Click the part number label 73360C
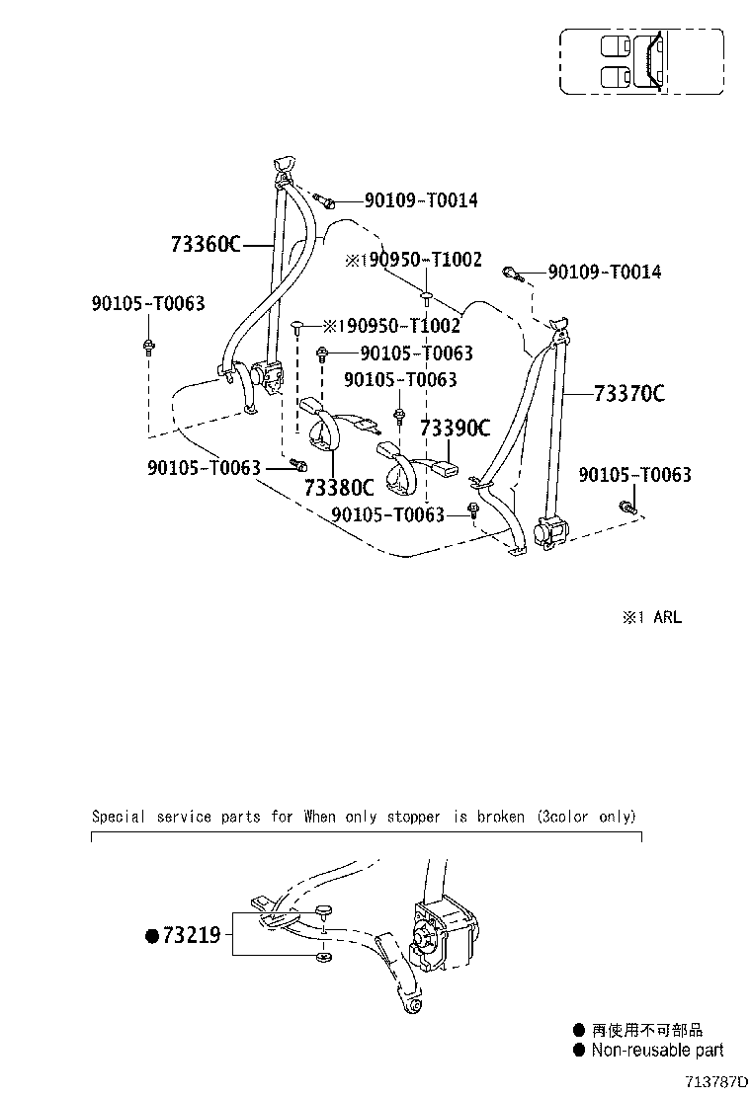point(206,245)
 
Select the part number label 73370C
point(629,394)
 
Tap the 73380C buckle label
point(339,487)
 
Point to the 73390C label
point(455,428)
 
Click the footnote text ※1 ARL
point(651,618)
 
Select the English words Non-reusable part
point(657,1051)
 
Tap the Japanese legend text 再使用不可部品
point(646,1030)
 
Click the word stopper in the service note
point(413,818)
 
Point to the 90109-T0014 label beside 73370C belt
point(604,272)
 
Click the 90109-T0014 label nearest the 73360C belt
point(420,200)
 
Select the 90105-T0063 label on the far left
point(148,303)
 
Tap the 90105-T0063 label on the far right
point(634,475)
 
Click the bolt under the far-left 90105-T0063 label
point(148,346)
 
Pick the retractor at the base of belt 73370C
point(550,530)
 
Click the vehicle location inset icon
point(641,61)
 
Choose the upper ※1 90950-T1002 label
point(413,260)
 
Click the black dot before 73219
point(153,935)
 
